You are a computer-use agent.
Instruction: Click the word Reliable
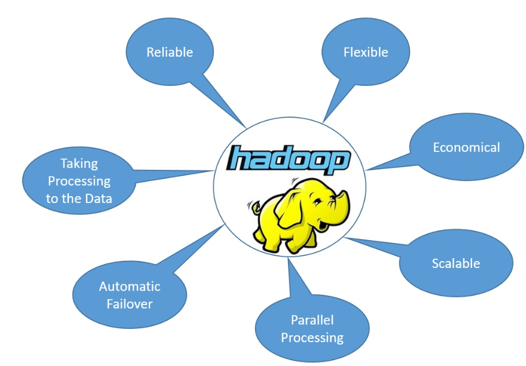169,52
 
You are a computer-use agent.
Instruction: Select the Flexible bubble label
366,52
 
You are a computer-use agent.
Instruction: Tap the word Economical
466,147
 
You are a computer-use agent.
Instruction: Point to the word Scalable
456,263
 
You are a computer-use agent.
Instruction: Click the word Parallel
312,320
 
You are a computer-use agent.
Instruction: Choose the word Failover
129,303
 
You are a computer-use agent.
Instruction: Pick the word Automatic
129,287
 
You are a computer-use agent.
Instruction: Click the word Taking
79,164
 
